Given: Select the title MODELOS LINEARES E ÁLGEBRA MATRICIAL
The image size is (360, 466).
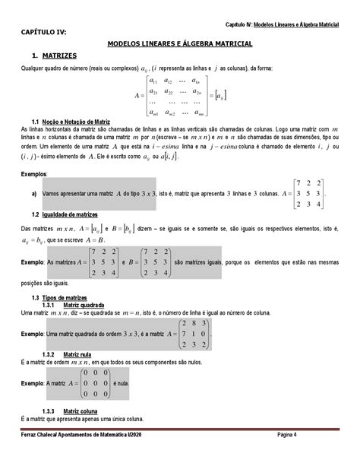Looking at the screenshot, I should [179, 45].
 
